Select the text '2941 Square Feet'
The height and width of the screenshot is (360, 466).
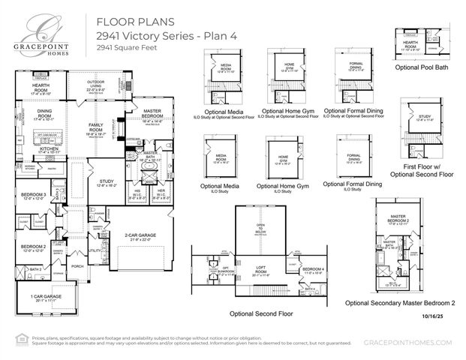(123, 47)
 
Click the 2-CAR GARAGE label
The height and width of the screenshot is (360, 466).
(140, 237)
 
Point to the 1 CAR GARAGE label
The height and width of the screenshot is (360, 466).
(46, 297)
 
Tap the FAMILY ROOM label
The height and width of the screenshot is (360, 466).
(95, 125)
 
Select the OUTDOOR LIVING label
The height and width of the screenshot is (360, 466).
(95, 84)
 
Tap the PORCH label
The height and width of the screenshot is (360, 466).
(77, 265)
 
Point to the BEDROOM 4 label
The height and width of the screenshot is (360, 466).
(314, 269)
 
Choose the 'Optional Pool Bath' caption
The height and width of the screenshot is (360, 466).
(422, 67)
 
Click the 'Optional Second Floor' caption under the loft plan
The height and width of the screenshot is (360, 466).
(261, 313)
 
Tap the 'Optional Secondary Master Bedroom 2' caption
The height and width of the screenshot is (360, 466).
(400, 303)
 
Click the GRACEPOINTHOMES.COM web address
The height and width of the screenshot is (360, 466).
(409, 343)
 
